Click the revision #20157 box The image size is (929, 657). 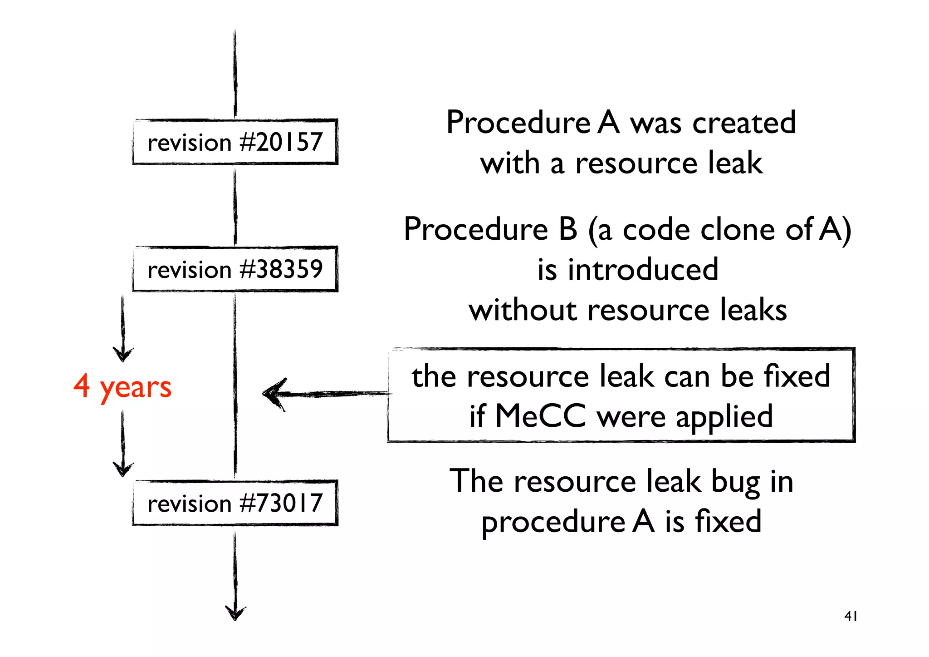pyautogui.click(x=235, y=142)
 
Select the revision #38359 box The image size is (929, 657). pyautogui.click(x=235, y=269)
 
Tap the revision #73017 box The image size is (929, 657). pyautogui.click(x=235, y=503)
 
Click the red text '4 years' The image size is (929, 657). pyautogui.click(x=122, y=387)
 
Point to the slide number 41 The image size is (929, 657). pyautogui.click(x=851, y=616)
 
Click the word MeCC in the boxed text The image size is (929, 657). pyautogui.click(x=541, y=416)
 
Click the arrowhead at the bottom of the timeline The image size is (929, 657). pyautogui.click(x=235, y=613)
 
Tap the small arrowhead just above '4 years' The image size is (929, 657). pyautogui.click(x=123, y=354)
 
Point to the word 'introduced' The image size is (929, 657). pyautogui.click(x=643, y=270)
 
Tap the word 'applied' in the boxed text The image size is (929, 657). pyautogui.click(x=724, y=417)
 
